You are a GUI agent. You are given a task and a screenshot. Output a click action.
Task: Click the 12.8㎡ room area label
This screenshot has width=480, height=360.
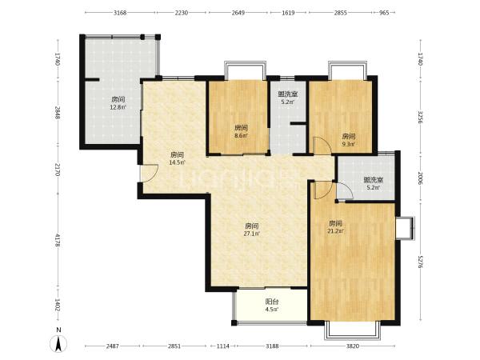coord(118,107)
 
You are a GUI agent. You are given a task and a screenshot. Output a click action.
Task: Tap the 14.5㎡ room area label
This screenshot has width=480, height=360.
coord(177,162)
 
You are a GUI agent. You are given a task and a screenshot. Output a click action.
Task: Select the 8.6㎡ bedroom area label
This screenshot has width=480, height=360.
coord(241,135)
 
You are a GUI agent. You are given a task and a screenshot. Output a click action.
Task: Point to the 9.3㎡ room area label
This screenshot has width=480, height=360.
coord(348,144)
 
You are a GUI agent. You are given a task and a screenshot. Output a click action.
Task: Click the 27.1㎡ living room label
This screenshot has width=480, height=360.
coord(252,234)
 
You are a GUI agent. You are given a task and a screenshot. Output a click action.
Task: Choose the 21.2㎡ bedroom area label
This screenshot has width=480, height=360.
coord(335,231)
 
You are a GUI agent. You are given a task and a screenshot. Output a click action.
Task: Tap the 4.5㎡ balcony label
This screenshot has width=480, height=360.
coord(271,309)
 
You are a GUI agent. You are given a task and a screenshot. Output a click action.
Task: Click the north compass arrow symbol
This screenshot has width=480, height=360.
coord(58,343)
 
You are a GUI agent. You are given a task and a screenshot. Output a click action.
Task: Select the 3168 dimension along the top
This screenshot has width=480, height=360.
coord(120,13)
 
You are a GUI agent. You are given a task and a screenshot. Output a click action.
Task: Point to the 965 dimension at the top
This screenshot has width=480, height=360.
coord(384,13)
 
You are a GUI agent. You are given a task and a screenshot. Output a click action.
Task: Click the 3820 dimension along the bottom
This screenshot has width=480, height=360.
coord(352,346)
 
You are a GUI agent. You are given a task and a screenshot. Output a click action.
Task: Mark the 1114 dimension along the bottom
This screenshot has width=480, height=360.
coord(222,346)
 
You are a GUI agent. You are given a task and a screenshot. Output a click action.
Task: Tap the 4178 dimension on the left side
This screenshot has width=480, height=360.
coord(58,241)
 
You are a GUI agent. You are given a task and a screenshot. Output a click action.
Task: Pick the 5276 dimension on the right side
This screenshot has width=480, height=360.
coord(420,262)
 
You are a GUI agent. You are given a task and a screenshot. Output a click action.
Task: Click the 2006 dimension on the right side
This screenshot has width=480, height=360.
coord(420,178)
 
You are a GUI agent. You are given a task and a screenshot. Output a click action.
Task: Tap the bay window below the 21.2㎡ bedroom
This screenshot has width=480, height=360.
coord(352,330)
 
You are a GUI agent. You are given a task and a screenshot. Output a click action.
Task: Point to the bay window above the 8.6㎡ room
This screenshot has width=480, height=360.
coord(245,70)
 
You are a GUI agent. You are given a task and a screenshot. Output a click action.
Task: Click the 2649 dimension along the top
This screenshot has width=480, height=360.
coord(238,13)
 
